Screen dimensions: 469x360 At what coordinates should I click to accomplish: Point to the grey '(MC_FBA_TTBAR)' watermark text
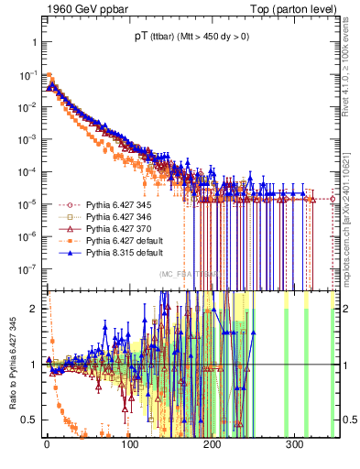pyautogui.click(x=190, y=274)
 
